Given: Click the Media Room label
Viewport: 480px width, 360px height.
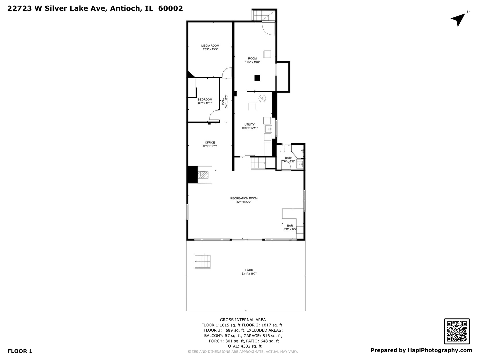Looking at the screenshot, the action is pos(210,46).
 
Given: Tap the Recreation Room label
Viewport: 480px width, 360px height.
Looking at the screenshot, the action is pos(244,198).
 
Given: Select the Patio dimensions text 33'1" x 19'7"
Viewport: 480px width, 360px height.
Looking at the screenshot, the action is pos(249,274).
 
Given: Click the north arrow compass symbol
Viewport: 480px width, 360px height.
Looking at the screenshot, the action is pos(459,19).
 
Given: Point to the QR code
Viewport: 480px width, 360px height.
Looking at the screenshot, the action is pos(457,331).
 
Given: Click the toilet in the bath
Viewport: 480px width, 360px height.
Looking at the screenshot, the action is pos(282,149).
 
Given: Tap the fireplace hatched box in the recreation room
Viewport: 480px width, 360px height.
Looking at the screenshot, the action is pos(203,175).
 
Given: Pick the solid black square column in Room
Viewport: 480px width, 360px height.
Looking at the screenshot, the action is pos(257,78).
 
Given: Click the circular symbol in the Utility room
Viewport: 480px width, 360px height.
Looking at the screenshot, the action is pos(262,99).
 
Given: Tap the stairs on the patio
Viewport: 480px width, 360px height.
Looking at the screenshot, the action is pos(202,261).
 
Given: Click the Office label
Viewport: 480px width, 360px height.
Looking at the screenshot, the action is pos(210,143).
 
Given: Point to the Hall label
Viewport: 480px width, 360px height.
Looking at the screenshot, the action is pos(223,101).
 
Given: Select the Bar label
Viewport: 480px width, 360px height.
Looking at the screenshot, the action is pos(290,226).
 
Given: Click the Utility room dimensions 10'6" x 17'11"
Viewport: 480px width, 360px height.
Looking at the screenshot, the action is pos(249,128).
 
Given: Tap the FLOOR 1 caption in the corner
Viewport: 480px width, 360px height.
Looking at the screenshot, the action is pos(20,351).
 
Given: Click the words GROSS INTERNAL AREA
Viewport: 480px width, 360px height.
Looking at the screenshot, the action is pos(243,320).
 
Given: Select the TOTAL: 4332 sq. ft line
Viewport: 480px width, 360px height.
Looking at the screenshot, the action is pos(243,346).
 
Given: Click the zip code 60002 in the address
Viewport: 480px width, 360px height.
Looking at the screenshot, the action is pos(170,8).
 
